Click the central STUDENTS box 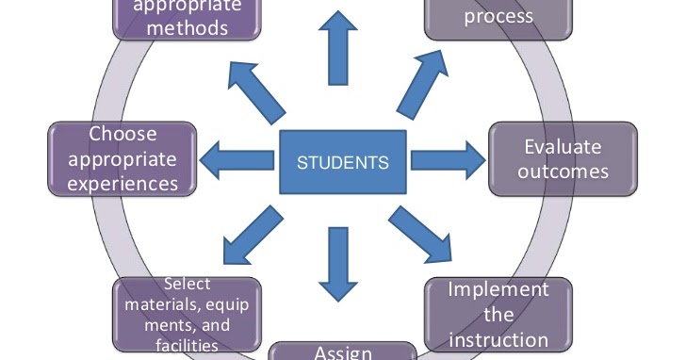click(343, 162)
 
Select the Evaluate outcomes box click(563, 159)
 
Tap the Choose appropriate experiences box click(122, 158)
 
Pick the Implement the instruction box click(498, 314)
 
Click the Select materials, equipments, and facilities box click(187, 315)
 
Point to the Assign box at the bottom click(343, 351)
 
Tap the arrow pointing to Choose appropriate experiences click(239, 158)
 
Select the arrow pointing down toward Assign click(336, 263)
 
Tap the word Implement click(498, 289)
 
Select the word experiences click(122, 182)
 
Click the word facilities click(187, 346)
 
